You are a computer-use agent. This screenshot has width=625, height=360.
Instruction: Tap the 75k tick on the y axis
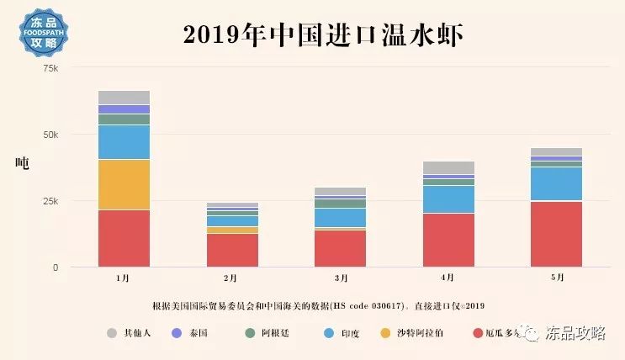tap(50, 68)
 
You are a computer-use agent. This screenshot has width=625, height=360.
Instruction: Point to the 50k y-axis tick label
tap(50, 135)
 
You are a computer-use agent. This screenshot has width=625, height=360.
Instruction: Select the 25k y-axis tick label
tap(50, 201)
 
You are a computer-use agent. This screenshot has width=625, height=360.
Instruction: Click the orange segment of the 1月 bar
tap(124, 184)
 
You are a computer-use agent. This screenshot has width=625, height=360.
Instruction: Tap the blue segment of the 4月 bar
tap(448, 199)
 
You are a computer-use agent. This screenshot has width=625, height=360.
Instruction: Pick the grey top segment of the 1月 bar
tap(124, 97)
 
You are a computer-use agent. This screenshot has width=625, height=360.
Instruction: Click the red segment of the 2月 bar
tap(232, 250)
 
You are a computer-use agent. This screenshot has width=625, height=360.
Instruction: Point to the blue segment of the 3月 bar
tap(340, 217)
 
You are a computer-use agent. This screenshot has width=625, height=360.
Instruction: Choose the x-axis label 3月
tap(340, 277)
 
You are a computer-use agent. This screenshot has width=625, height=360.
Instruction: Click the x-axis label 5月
tap(556, 277)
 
